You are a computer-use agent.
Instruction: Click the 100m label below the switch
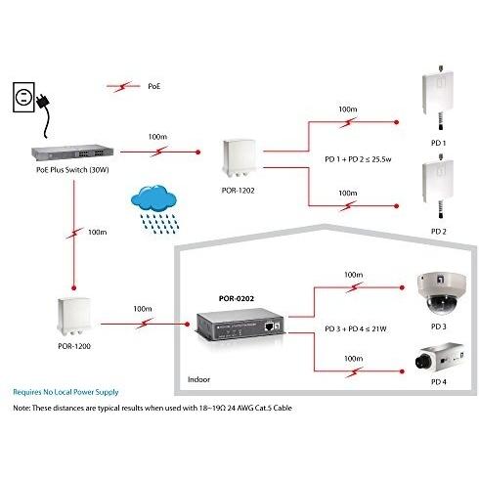pos(97,233)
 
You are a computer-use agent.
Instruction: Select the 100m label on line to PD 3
pos(352,276)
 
